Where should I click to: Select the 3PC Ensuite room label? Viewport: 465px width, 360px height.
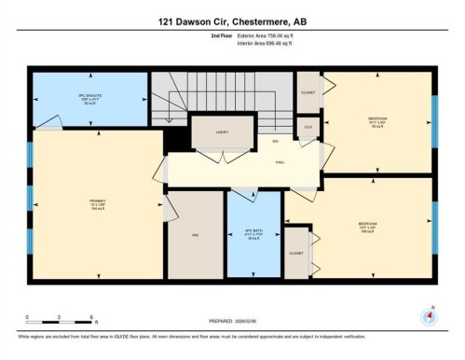(x=89, y=99)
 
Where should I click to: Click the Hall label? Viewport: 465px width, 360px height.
(x=280, y=162)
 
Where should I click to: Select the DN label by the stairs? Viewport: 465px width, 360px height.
(x=275, y=141)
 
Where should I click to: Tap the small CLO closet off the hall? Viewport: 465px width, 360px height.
(x=308, y=127)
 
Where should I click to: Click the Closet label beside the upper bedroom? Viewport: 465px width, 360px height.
(x=308, y=92)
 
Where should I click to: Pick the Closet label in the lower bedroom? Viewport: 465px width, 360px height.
(x=296, y=253)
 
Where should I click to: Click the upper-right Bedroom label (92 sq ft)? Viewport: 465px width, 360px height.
(x=377, y=121)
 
